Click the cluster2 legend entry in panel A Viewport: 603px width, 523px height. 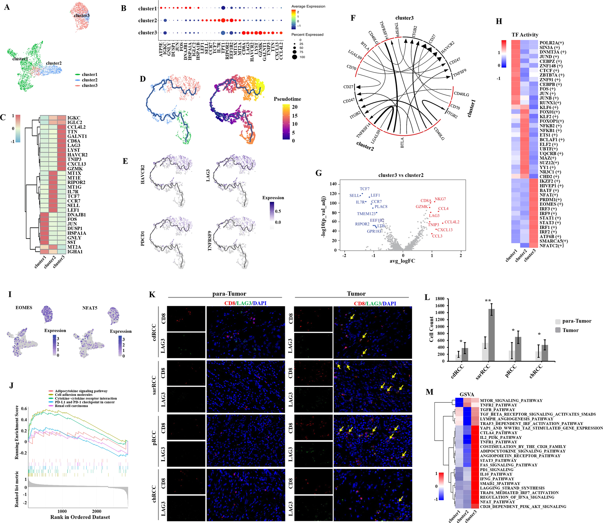[89, 80]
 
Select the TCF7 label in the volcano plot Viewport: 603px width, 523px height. [365, 189]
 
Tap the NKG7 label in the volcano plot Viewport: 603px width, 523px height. [440, 199]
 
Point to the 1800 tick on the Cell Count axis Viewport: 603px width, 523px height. [440, 299]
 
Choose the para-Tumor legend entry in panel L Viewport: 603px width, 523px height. [577, 321]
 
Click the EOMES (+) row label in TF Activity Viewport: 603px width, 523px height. [548, 204]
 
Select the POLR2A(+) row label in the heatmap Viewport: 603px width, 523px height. [552, 43]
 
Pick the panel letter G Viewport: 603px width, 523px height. [319, 173]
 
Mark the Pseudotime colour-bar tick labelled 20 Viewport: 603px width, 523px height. [295, 107]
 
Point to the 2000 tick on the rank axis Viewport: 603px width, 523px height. [96, 511]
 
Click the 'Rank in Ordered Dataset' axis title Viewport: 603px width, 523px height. [80, 517]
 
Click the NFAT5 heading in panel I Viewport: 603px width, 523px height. [90, 308]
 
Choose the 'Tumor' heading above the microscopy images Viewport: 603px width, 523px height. [356, 294]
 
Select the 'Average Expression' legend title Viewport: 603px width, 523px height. [308, 6]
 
